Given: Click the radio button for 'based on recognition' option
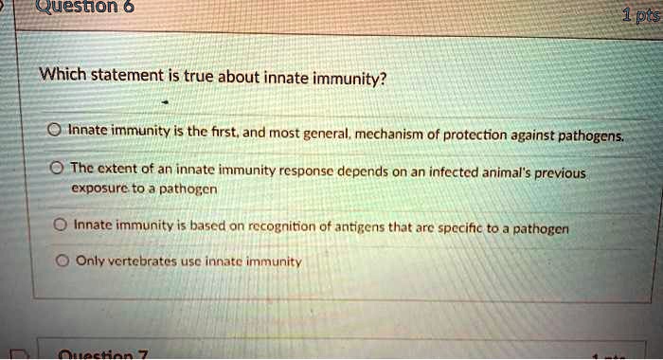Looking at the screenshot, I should tap(57, 226).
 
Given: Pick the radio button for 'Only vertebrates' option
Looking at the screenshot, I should tap(57, 261).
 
